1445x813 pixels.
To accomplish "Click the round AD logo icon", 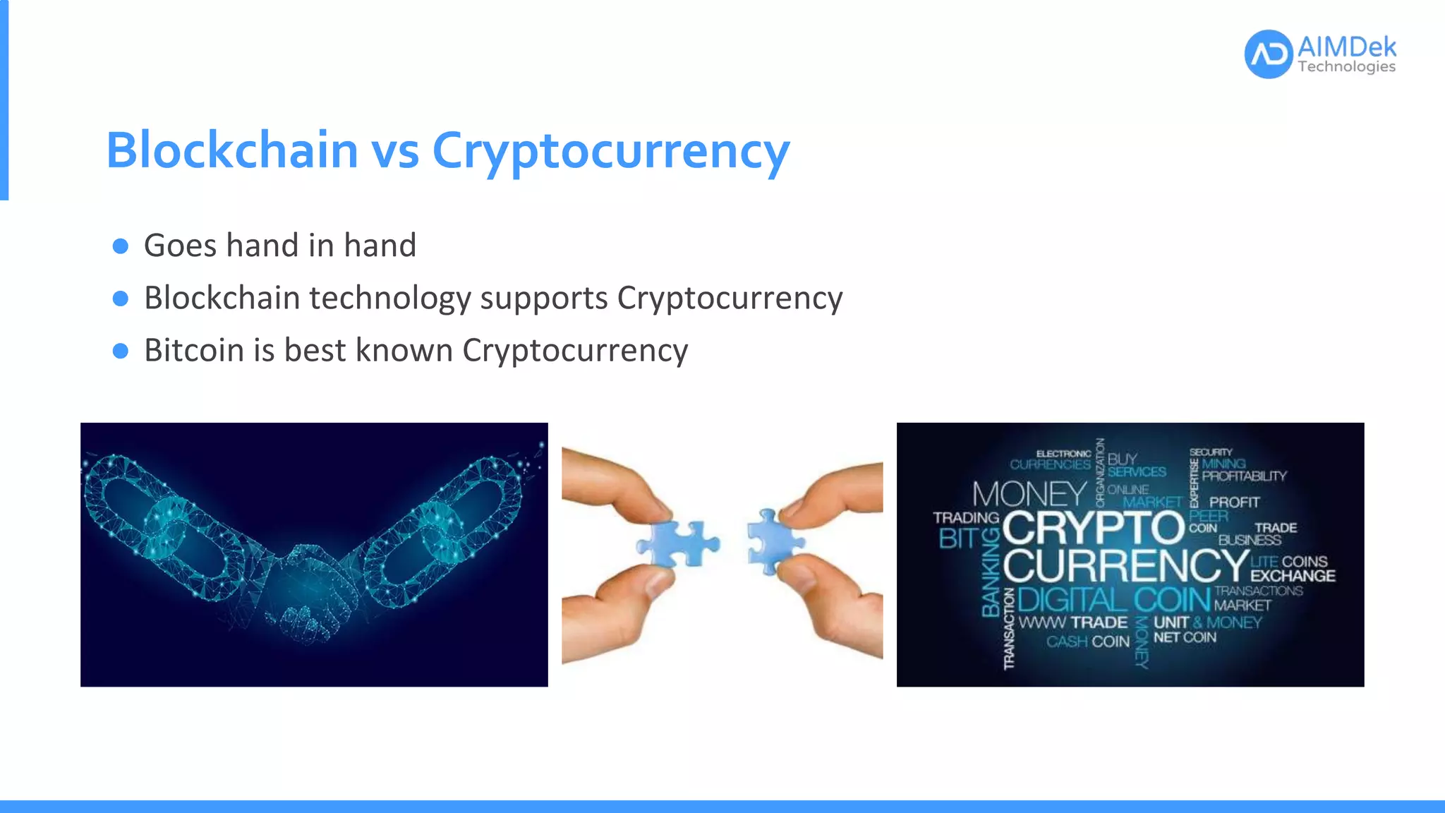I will pos(1268,54).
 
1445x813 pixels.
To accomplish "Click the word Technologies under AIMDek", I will pos(1346,67).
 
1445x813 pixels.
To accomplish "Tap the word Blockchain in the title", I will pos(232,150).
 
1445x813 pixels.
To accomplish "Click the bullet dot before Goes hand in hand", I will pos(121,246).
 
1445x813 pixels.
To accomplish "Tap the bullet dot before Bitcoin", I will pos(121,351).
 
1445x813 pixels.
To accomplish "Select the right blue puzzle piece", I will pos(773,542).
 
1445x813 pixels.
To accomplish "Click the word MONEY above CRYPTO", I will pos(1029,494).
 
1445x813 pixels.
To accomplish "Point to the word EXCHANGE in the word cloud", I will pos(1293,576).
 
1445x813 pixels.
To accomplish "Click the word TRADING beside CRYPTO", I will pos(965,518).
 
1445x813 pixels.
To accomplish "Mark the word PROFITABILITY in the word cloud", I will pos(1244,476).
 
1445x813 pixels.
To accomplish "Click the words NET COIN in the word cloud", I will pos(1185,637).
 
